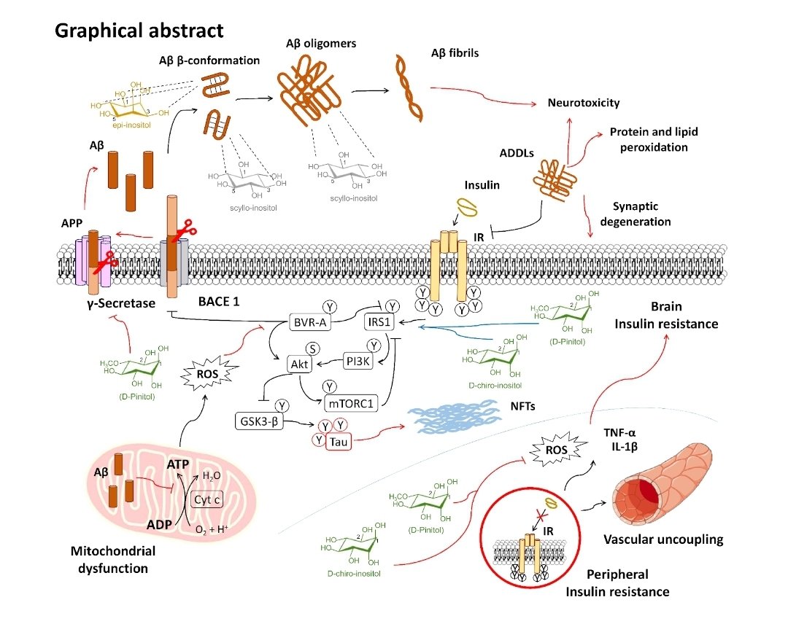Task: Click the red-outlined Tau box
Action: coord(336,441)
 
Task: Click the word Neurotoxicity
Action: coord(584,103)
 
